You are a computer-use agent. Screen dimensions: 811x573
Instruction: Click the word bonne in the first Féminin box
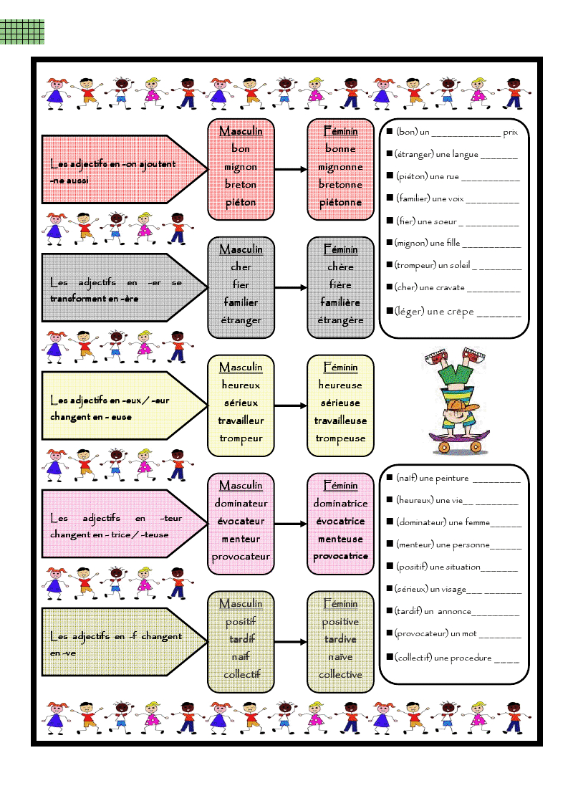click(x=340, y=149)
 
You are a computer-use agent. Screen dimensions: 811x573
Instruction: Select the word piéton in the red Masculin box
click(x=241, y=202)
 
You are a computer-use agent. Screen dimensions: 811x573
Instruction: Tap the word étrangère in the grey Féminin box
click(x=340, y=320)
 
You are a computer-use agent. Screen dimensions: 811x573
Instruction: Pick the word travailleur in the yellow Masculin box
click(x=241, y=421)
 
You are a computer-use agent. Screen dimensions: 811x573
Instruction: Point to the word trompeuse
click(x=340, y=438)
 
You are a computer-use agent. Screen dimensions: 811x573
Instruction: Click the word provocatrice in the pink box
click(x=340, y=556)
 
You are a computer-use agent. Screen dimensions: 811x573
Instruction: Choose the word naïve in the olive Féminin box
click(x=340, y=657)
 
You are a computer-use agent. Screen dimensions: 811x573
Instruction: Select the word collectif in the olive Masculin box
click(x=241, y=674)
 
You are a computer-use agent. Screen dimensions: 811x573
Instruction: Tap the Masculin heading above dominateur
click(x=241, y=486)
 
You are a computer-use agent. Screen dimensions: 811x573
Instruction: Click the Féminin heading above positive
click(x=340, y=604)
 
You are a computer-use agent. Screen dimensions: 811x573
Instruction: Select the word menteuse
click(x=340, y=539)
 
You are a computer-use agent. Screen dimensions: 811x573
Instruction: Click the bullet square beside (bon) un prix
click(x=390, y=132)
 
